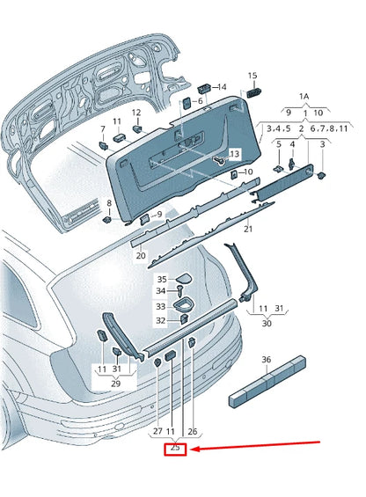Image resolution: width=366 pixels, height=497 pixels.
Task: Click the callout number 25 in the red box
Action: tap(176, 449)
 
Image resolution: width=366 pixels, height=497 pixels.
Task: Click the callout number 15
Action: tap(253, 77)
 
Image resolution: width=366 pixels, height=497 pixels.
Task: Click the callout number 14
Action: tap(222, 87)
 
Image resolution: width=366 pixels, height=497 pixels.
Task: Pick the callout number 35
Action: tap(162, 279)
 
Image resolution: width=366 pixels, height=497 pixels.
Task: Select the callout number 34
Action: tap(161, 291)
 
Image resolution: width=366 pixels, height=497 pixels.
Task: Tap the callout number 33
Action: tap(161, 306)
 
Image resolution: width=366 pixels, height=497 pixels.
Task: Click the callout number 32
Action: tap(161, 320)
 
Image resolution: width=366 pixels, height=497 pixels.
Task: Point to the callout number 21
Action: tap(248, 229)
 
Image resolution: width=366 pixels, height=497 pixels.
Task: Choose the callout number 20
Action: tap(140, 255)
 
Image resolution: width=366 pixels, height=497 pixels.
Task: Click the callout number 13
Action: tap(233, 154)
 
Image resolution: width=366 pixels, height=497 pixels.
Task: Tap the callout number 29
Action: tap(115, 384)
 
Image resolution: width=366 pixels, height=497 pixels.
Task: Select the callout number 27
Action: tap(157, 431)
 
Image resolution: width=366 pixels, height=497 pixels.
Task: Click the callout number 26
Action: tap(193, 431)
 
